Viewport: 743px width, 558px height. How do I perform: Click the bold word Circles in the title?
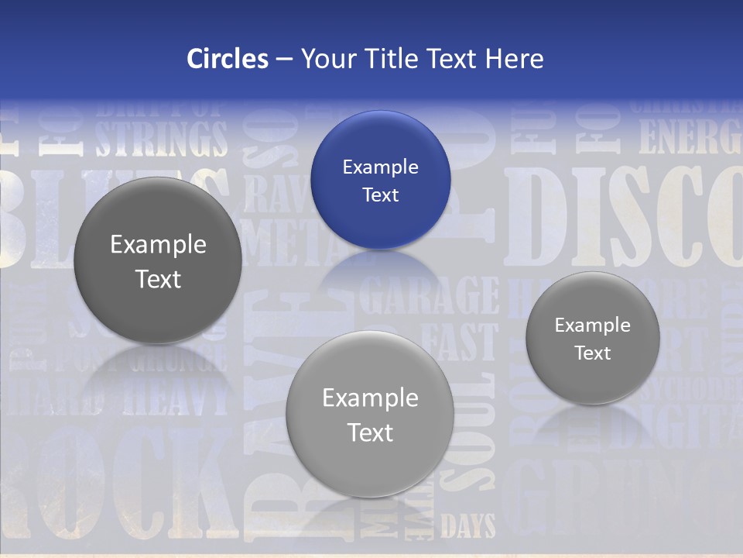point(227,58)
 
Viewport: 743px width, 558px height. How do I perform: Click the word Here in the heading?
point(514,58)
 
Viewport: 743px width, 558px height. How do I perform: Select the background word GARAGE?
point(430,295)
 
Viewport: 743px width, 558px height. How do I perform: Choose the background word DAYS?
point(468,528)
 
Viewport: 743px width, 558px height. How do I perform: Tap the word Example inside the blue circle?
point(380,167)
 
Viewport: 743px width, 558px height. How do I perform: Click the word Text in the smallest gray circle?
point(593,353)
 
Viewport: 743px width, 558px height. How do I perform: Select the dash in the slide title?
point(284,58)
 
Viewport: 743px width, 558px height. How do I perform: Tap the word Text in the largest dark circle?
point(158,279)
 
